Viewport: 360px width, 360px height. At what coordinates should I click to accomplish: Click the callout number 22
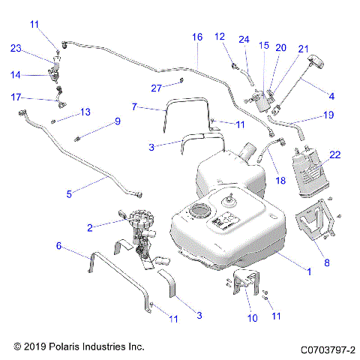[335, 154]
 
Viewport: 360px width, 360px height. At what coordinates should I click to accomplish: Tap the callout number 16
[197, 37]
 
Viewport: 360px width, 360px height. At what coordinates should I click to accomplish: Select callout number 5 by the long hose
[69, 193]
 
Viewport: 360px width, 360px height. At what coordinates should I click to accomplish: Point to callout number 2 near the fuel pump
[90, 226]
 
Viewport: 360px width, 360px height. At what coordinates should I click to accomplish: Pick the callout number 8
[326, 263]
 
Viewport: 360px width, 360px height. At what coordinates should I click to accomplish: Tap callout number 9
[117, 121]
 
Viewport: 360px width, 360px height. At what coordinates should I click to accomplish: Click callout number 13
[85, 112]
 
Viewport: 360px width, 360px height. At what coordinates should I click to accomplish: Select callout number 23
[16, 49]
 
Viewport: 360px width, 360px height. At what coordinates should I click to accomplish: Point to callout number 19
[328, 115]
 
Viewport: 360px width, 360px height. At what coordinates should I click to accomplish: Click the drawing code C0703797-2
[327, 349]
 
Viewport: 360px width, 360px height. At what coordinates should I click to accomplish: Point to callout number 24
[244, 39]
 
